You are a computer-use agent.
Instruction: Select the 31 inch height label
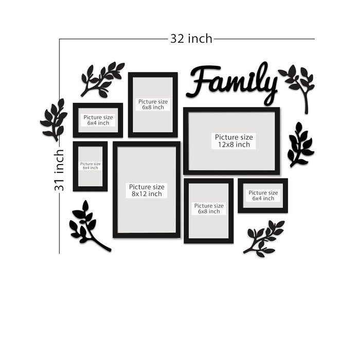click(60, 170)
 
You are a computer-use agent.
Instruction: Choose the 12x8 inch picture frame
click(231, 141)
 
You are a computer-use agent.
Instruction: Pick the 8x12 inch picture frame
click(147, 190)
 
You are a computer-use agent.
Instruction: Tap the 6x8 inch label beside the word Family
click(153, 107)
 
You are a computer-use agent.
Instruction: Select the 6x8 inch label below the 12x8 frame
click(208, 211)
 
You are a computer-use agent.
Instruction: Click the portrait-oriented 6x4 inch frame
click(90, 166)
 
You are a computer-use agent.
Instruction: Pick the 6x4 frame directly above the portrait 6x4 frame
click(98, 120)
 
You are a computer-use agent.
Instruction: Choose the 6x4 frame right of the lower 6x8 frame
click(263, 195)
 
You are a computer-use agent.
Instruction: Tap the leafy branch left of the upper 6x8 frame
click(102, 79)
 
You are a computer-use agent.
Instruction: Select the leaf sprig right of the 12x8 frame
click(300, 145)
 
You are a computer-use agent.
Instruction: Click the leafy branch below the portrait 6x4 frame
click(87, 226)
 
